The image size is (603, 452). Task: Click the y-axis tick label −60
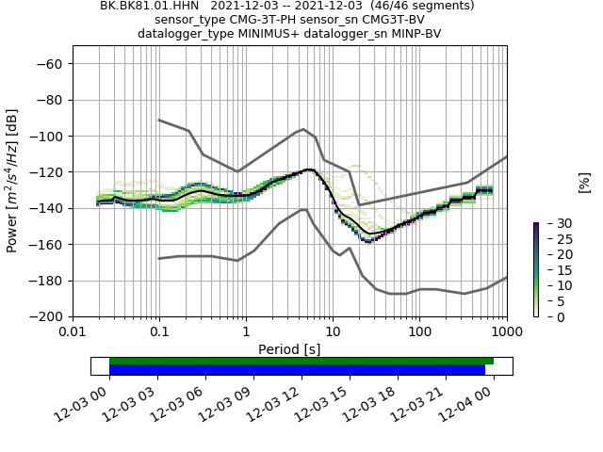click(50, 64)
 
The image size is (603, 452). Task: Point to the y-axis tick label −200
click(47, 317)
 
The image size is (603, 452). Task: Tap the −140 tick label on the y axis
click(47, 208)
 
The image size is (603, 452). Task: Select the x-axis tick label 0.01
click(73, 332)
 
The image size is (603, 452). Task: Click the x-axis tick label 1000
click(506, 332)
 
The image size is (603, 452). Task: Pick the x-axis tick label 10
click(333, 332)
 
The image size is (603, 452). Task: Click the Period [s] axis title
click(289, 348)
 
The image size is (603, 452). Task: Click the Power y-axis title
click(12, 181)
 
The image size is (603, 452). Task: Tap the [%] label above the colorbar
click(584, 181)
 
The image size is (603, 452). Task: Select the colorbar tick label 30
click(552, 223)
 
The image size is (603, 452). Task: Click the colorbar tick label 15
click(552, 270)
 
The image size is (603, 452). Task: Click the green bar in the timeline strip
click(301, 361)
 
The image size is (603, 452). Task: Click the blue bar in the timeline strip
click(297, 370)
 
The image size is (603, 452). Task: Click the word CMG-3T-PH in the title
click(253, 20)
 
